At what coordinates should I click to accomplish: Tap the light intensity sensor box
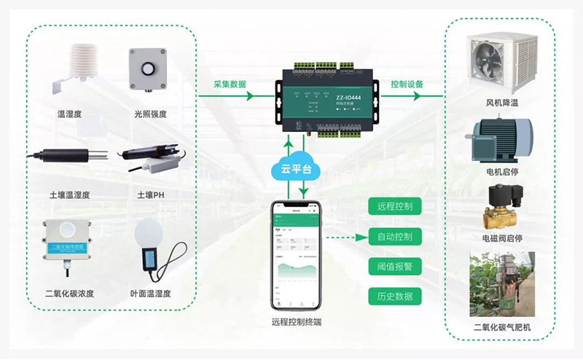(146, 69)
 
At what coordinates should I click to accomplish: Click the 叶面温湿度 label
(151, 294)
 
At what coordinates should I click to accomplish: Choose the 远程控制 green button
(395, 206)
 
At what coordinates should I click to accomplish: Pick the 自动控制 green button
(395, 237)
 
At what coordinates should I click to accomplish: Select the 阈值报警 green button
(395, 267)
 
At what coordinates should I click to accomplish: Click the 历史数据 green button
(395, 296)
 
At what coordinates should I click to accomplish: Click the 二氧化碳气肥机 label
(502, 327)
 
